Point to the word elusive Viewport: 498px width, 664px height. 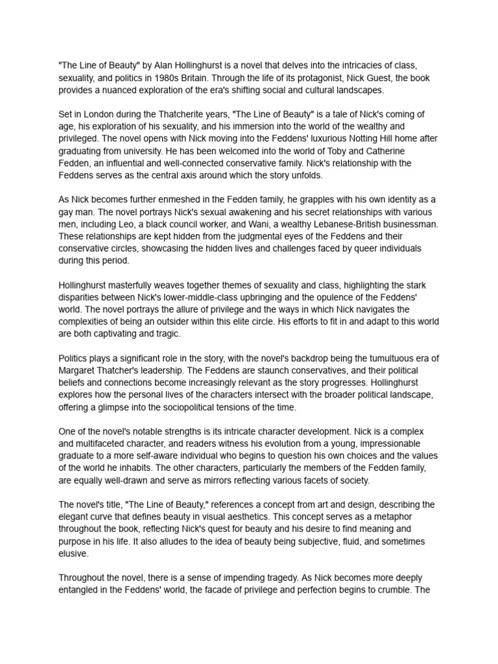point(75,554)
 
